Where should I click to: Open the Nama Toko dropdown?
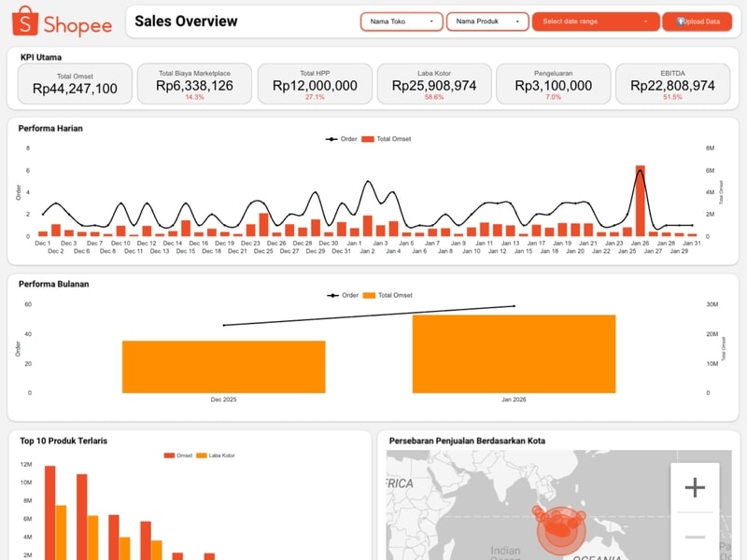402,21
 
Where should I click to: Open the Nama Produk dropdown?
487,21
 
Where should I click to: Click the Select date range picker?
594,21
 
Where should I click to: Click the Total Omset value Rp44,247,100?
75,88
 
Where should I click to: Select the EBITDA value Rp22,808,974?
672,85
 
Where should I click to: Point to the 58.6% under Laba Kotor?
434,97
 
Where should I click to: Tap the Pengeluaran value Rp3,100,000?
553,85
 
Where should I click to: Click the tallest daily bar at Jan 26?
641,200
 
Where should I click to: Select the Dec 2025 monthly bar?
223,367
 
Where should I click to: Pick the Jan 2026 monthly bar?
514,354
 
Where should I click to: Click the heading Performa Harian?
51,128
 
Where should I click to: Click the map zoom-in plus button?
695,487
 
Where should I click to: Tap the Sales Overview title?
186,21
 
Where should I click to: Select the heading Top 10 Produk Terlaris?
63,441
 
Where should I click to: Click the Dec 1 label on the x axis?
43,243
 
